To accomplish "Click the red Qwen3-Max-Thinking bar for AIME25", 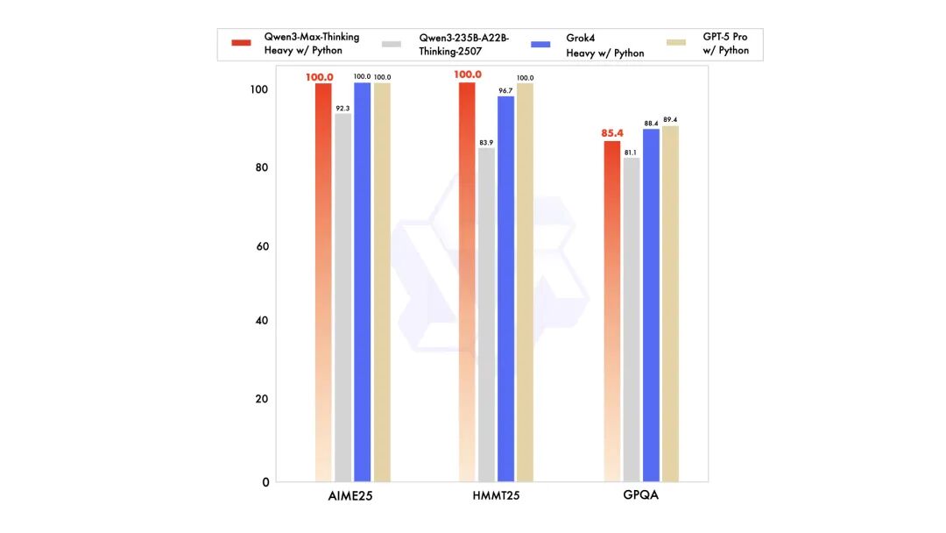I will (x=323, y=281).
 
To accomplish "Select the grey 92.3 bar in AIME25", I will (x=342, y=298).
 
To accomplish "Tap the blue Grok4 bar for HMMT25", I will (x=505, y=289).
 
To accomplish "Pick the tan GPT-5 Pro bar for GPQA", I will (x=670, y=303).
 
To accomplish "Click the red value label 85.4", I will (x=611, y=133).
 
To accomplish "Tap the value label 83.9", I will (x=486, y=142).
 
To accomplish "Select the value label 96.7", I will (x=505, y=90).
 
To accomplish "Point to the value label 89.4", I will (x=670, y=119).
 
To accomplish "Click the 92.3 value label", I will (x=342, y=108).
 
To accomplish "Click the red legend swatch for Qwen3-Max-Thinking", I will (x=242, y=43).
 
